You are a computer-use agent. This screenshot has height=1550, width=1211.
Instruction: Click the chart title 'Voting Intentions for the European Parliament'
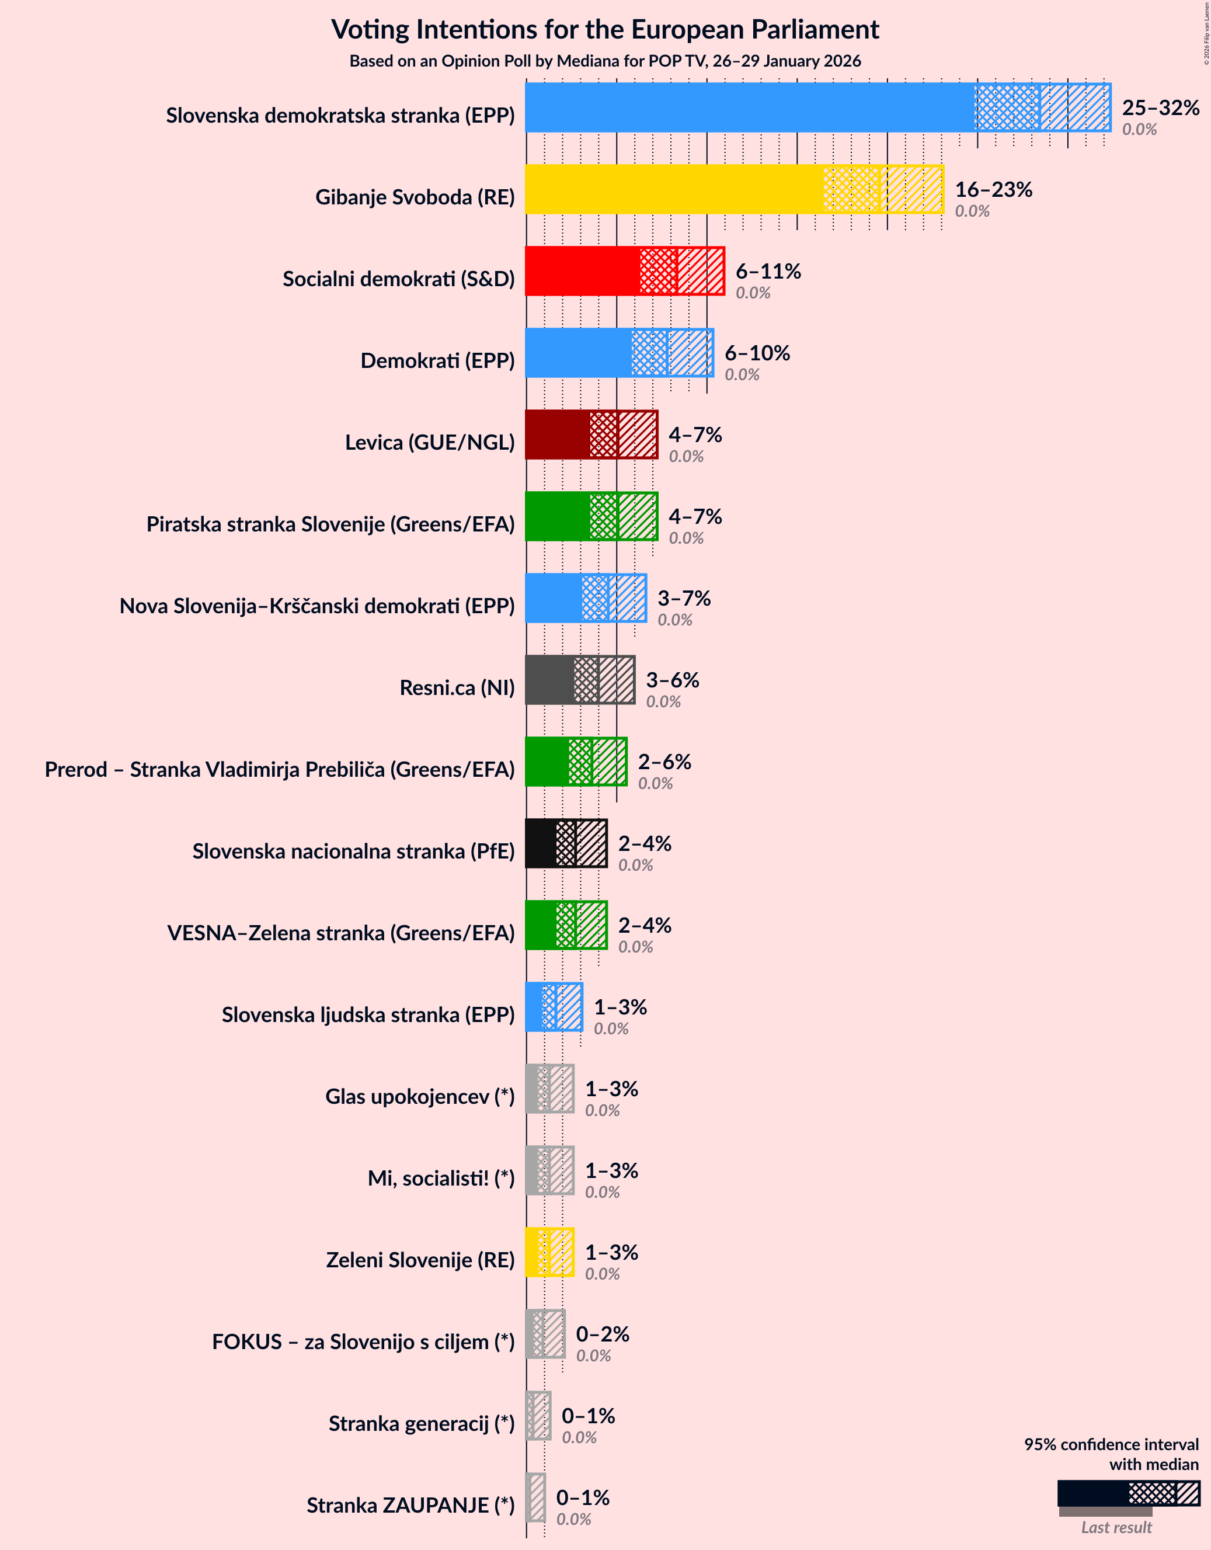coord(604,30)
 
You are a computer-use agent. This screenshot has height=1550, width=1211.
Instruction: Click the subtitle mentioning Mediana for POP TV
coord(604,61)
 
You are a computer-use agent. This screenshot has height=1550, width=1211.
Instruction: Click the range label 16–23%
coord(993,189)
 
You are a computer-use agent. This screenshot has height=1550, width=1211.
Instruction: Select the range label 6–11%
coord(768,271)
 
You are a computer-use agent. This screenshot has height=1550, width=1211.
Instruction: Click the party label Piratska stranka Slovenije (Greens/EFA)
coord(330,524)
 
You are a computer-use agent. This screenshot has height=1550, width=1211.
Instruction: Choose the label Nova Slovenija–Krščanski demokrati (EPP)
coord(316,606)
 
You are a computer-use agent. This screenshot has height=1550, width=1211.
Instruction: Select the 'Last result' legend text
coord(1115,1527)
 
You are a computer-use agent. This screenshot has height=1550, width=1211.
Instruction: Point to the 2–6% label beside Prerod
coord(664,762)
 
